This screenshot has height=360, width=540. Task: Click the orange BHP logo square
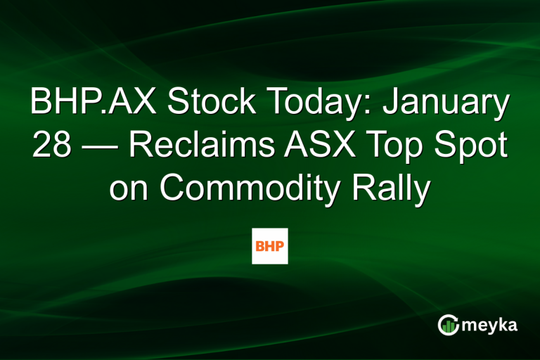[x=270, y=246]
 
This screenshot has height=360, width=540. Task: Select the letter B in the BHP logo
[x=259, y=246]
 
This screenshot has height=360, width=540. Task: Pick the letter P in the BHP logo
[x=281, y=246]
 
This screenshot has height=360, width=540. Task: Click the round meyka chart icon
[x=449, y=324]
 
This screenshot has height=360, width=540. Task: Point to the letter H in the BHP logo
[x=269, y=246]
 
